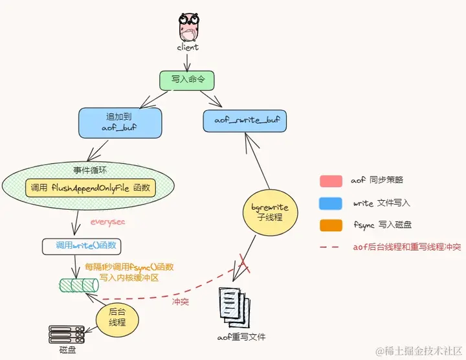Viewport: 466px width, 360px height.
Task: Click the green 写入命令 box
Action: pos(187,80)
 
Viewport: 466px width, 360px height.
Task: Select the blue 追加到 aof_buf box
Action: pos(120,122)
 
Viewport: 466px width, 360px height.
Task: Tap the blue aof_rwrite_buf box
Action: pos(245,120)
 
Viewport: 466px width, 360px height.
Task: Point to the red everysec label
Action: pos(107,221)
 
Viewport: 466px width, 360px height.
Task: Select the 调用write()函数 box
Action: pos(81,246)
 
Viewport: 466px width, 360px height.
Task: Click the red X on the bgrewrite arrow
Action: pos(243,262)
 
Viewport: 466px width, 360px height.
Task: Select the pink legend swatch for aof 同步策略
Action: pos(331,181)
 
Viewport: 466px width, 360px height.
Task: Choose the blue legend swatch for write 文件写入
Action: pos(331,203)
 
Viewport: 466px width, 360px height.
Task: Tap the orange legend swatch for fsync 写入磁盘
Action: pos(331,225)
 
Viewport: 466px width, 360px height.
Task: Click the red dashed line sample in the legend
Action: pos(331,247)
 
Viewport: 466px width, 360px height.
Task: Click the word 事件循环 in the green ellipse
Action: pos(90,170)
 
